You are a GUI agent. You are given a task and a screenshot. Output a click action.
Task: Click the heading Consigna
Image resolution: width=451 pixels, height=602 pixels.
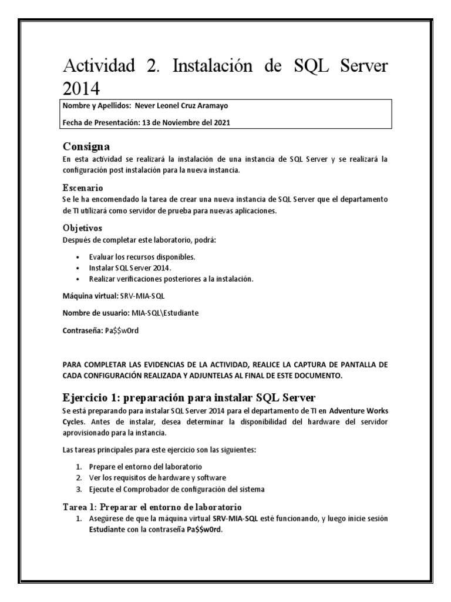(x=86, y=146)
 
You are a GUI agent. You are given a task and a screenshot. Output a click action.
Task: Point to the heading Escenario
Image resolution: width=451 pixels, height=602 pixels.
(x=83, y=188)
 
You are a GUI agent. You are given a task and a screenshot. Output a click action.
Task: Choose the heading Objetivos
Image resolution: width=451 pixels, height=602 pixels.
(x=82, y=227)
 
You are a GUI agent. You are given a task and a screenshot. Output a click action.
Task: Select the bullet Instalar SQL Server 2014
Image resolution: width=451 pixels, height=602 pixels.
(x=127, y=268)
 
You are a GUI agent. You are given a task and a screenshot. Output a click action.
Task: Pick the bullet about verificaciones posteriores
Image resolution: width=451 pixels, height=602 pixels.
(x=171, y=279)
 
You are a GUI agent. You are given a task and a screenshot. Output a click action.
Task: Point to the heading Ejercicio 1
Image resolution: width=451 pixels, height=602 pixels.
(x=189, y=393)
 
